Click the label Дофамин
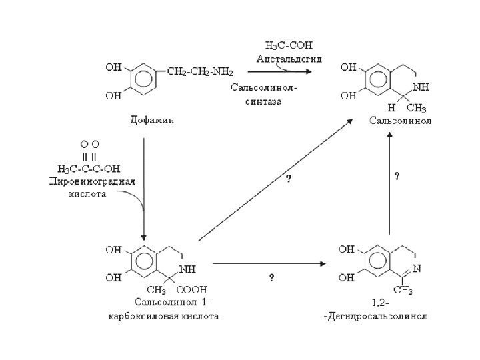pos(151,121)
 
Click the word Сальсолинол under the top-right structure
pos(401,121)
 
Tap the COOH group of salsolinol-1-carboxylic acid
pos(195,289)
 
